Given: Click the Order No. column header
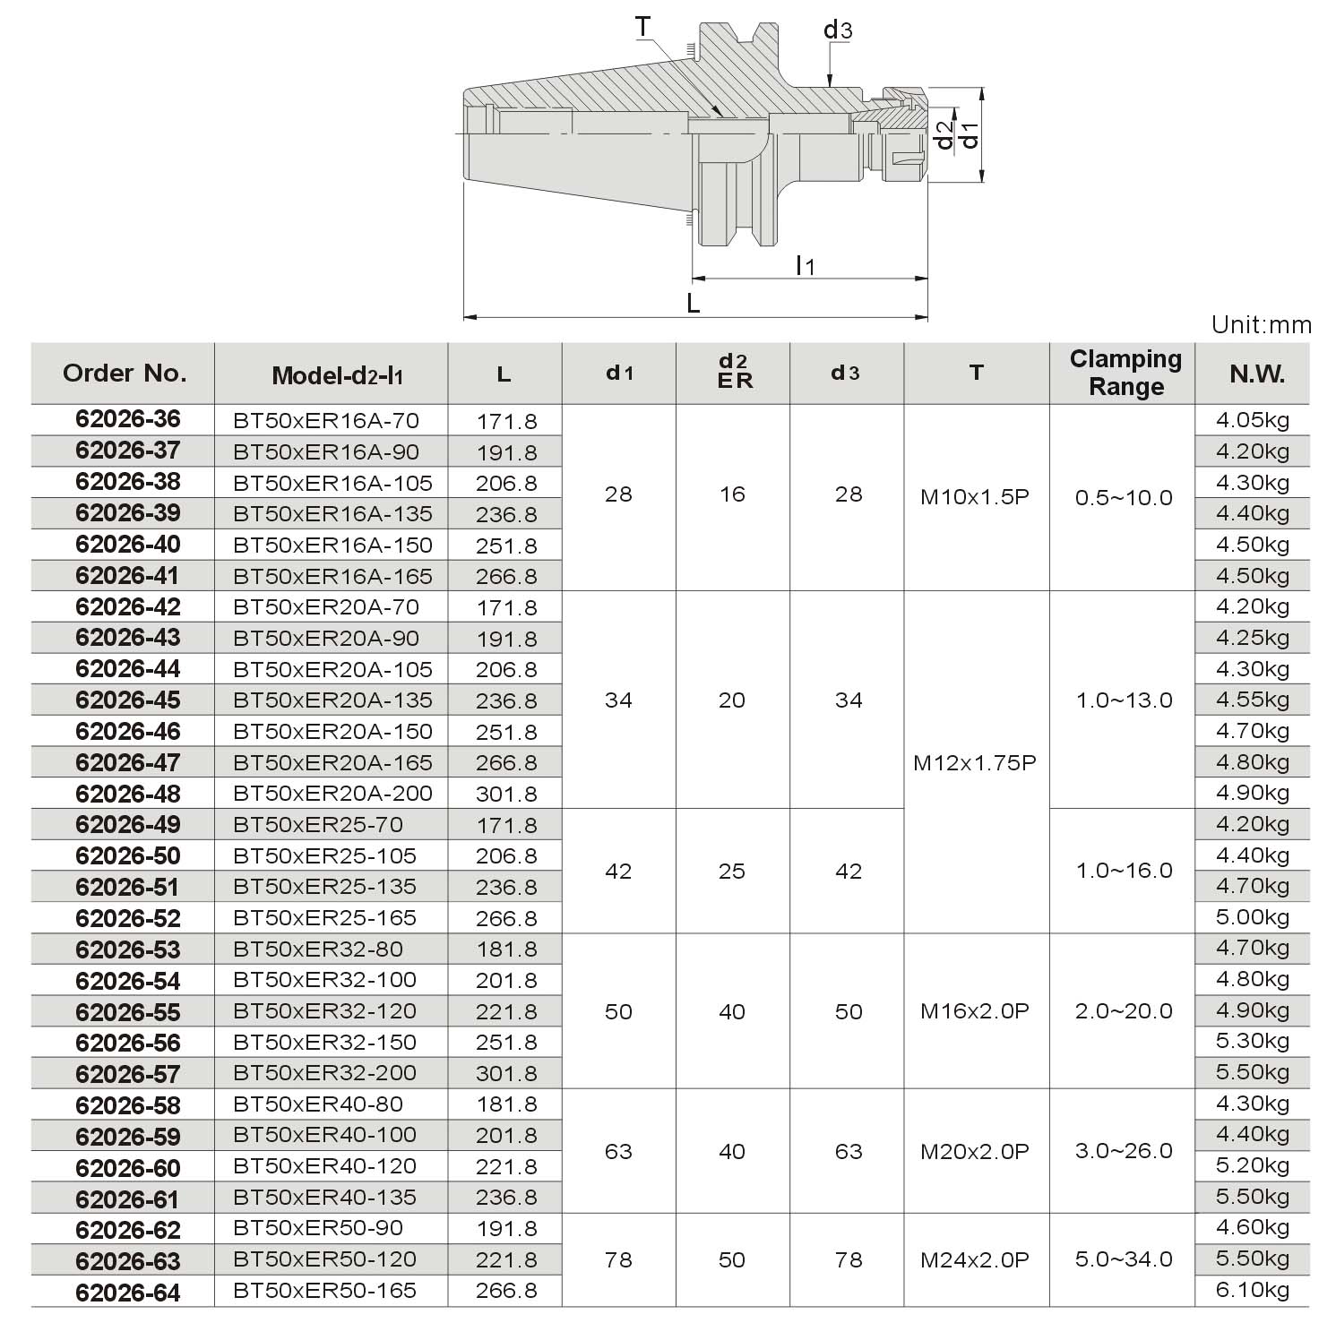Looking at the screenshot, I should coord(125,373).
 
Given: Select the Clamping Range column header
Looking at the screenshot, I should coord(1125,373).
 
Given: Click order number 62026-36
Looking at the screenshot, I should coord(128,419).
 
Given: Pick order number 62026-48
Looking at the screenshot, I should coord(128,794).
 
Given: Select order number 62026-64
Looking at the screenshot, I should coord(128,1293).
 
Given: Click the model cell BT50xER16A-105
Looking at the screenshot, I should coord(332,483).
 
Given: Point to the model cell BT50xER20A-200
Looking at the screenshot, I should coord(332,794).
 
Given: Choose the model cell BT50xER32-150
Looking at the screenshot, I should coord(324,1043).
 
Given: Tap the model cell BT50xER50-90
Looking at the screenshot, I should coord(318,1228).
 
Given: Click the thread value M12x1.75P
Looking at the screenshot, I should coord(975,763).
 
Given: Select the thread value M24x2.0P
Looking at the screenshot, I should coord(975,1260).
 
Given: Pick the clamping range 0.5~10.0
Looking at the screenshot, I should coord(1124,498).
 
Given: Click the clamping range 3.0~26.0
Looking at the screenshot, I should coord(1124,1151).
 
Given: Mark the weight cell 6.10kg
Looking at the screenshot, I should coord(1253,1291).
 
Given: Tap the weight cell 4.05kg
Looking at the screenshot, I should coord(1253,419).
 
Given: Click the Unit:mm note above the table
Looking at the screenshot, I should coord(1261,324).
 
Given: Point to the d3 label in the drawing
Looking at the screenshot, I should coord(838,31).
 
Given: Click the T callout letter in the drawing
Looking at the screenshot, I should coord(643,28).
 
